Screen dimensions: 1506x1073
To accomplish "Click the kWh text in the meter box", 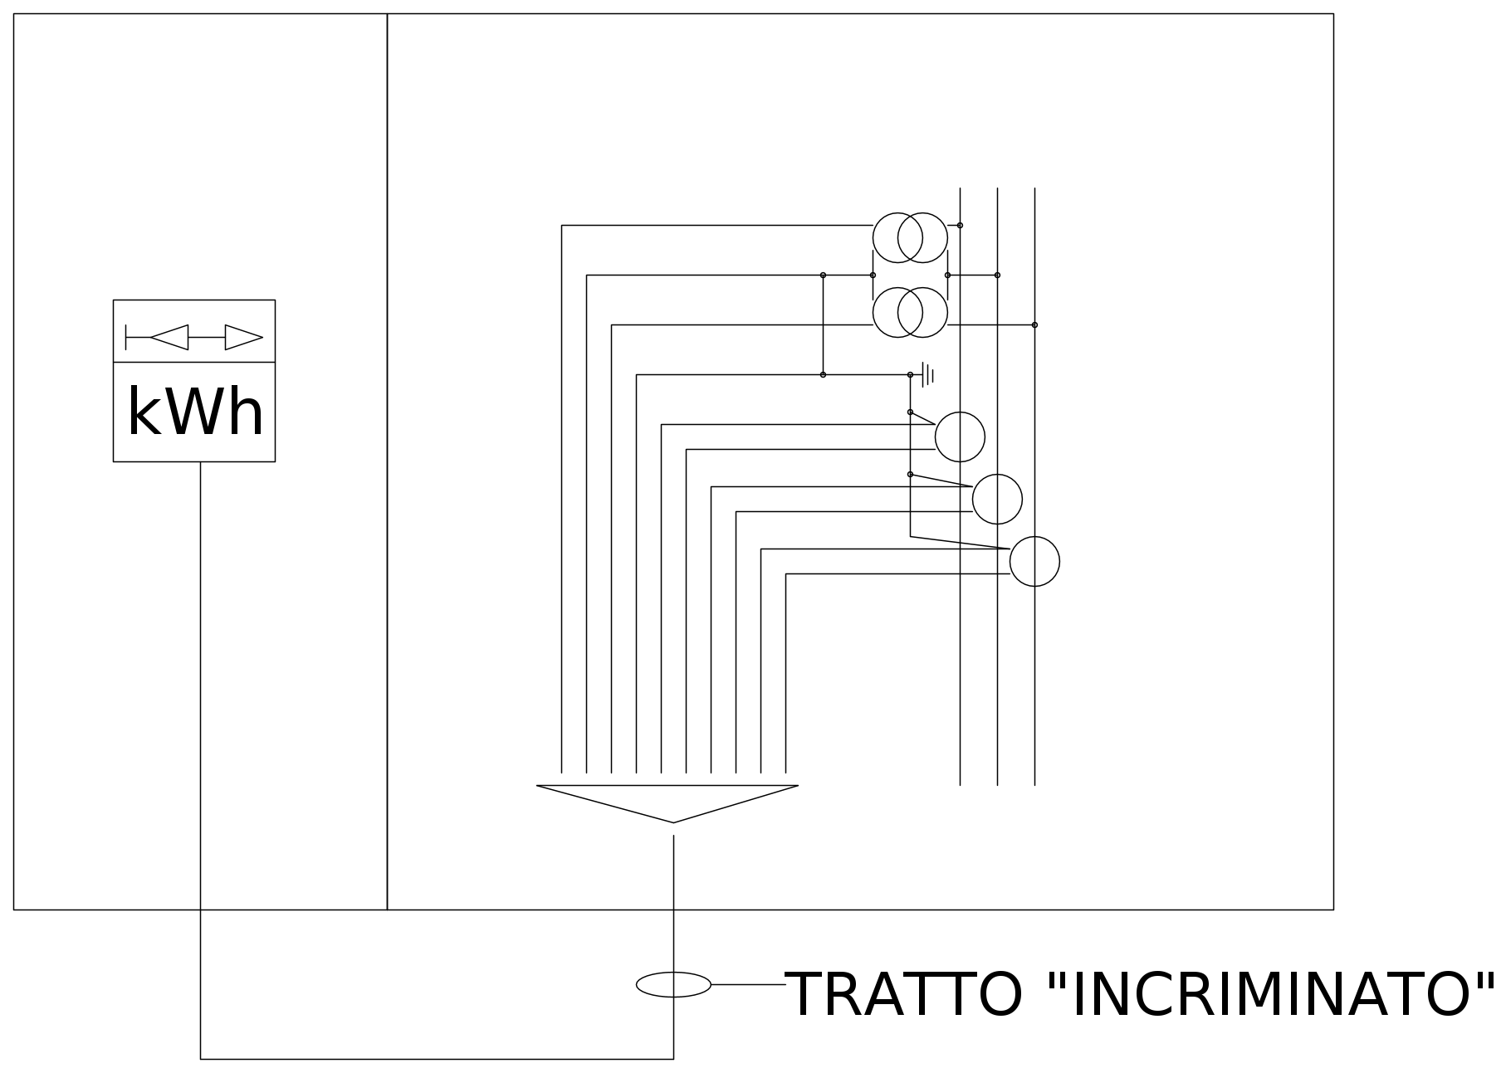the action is click(x=196, y=412).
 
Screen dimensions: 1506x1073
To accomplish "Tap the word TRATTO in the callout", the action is click(x=903, y=994).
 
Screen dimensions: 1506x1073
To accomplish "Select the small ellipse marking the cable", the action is click(x=673, y=984).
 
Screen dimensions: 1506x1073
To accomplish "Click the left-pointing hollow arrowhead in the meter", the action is click(x=169, y=338).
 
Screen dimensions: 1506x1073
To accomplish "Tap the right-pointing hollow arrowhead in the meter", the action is click(x=244, y=338).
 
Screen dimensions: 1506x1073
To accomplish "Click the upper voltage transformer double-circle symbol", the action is click(x=910, y=238).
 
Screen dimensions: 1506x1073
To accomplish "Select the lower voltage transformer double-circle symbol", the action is click(x=910, y=312).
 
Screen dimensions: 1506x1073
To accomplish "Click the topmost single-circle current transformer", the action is click(x=960, y=437).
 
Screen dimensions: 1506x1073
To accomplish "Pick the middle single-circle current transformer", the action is click(x=997, y=499).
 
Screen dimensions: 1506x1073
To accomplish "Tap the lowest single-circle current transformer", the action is click(x=1034, y=561).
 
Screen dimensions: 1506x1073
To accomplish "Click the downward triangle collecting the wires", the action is click(x=667, y=803).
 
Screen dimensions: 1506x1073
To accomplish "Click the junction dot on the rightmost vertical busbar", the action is click(x=1034, y=324).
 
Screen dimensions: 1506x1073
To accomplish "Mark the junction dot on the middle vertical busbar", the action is click(x=997, y=275).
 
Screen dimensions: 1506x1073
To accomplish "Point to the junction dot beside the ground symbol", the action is click(x=910, y=375).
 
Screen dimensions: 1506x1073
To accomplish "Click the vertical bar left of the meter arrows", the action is click(x=126, y=338).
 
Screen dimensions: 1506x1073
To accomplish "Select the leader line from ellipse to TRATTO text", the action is click(x=748, y=984).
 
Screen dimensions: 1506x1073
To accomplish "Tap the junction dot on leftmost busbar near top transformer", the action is click(x=960, y=225).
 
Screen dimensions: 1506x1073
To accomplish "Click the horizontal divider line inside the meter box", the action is click(x=194, y=362).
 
